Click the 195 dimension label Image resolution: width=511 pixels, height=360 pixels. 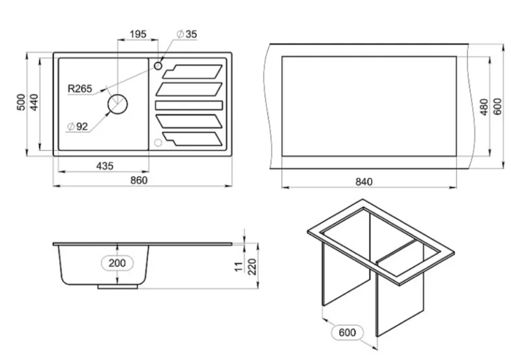click(x=138, y=34)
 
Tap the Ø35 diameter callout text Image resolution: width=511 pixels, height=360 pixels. click(x=187, y=34)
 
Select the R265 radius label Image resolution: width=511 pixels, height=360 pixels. click(x=80, y=89)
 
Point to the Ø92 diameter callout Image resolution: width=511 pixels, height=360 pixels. click(x=78, y=126)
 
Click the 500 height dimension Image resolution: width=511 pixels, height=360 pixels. click(x=21, y=102)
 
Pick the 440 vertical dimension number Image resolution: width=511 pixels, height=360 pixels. click(x=34, y=102)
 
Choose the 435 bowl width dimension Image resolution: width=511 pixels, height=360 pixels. click(x=105, y=166)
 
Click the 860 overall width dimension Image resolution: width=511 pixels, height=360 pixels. click(x=139, y=180)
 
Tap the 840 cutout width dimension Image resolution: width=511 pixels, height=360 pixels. click(x=364, y=181)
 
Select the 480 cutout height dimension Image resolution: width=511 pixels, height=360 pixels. click(x=484, y=106)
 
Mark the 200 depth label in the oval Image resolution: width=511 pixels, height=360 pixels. click(x=117, y=262)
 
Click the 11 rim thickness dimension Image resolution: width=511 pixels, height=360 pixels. click(x=240, y=267)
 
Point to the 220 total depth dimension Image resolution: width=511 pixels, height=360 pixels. click(x=253, y=267)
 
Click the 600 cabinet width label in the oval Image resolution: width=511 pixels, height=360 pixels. click(x=347, y=333)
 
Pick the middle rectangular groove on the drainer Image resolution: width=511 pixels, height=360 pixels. click(x=189, y=105)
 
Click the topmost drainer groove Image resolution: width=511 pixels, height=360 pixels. click(x=192, y=72)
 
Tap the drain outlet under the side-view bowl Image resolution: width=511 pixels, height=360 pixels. click(x=118, y=286)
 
